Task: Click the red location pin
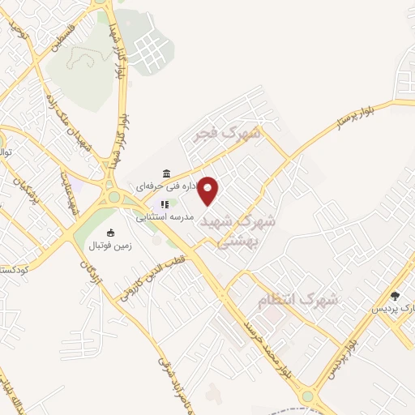[x=208, y=191]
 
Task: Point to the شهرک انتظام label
[x=297, y=301]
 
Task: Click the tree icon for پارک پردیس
[x=395, y=296]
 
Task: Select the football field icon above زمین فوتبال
[x=111, y=233]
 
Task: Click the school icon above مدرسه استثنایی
[x=163, y=205]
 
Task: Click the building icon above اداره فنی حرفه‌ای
[x=166, y=173]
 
